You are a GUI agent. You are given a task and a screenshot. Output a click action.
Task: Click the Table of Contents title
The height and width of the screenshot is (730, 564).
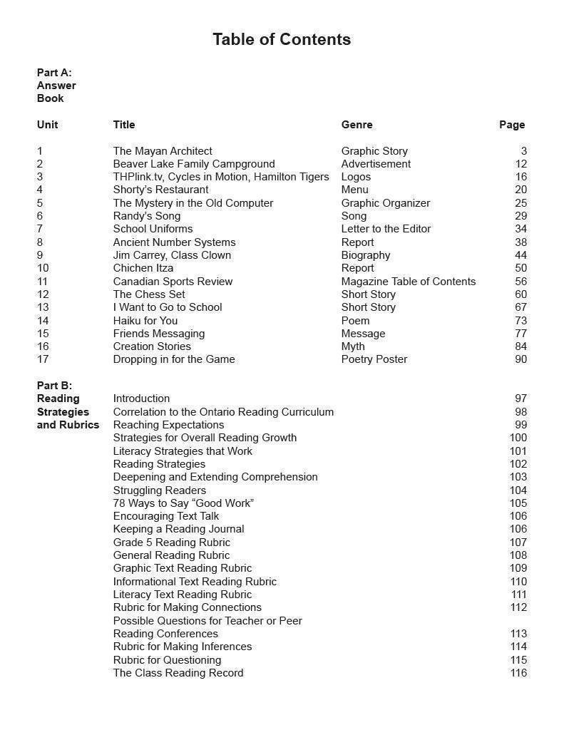(x=282, y=39)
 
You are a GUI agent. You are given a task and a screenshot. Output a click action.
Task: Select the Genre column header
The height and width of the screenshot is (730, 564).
(x=357, y=125)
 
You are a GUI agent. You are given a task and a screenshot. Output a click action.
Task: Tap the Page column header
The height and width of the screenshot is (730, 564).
(x=511, y=125)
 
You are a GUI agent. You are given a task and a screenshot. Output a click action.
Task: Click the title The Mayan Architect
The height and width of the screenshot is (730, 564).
(x=163, y=151)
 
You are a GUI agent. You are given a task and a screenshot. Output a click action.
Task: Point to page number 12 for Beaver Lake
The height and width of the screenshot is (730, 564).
(x=521, y=164)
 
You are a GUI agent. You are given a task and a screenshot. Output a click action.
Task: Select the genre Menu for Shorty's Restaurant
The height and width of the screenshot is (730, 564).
(x=354, y=190)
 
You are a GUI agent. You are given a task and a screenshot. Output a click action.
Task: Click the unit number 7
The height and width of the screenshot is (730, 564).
(x=40, y=229)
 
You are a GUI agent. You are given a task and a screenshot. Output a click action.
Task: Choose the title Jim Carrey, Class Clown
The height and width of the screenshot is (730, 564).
(x=172, y=255)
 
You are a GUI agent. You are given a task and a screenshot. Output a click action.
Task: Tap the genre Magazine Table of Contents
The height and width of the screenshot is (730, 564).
(x=408, y=282)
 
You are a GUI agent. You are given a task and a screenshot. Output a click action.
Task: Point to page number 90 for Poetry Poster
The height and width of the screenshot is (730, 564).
(x=521, y=359)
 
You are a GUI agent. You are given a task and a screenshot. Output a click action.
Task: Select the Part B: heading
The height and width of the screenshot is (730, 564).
(x=54, y=386)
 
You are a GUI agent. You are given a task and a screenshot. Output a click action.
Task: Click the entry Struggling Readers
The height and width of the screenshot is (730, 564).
(x=159, y=490)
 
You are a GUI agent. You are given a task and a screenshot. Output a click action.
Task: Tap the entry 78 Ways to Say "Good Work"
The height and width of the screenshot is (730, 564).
(x=183, y=503)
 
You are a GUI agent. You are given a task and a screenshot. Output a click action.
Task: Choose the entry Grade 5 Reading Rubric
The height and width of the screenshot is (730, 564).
(x=171, y=543)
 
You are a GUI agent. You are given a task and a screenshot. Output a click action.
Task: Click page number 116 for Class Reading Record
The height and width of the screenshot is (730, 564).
(x=518, y=673)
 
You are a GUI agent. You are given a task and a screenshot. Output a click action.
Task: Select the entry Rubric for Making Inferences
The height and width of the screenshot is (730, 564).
(x=182, y=647)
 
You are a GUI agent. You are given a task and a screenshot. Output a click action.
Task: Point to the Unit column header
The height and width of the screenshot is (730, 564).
(x=47, y=125)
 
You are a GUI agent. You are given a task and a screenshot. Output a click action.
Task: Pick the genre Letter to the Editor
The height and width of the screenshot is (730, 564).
(x=386, y=229)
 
